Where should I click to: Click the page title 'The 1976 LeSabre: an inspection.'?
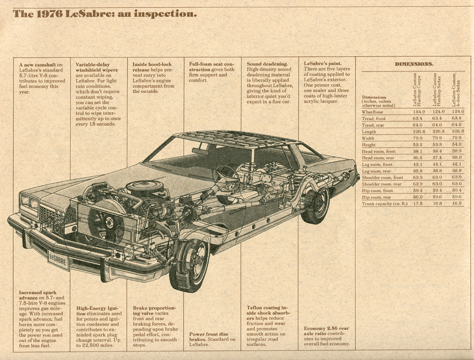[x=105, y=14]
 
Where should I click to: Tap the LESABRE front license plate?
[x=58, y=259]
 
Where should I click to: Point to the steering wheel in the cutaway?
[x=227, y=176]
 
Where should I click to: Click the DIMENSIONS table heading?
[x=414, y=64]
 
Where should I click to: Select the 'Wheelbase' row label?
[x=372, y=112]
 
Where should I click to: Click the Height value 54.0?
[x=457, y=145]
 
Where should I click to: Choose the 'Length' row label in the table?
[x=369, y=132]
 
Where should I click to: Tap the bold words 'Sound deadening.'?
[x=267, y=64]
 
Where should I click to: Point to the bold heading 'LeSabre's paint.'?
[x=323, y=64]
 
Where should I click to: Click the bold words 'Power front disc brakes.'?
[x=208, y=336]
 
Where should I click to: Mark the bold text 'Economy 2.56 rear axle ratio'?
[x=326, y=331]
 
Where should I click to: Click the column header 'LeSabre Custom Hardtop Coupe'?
[x=417, y=90]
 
